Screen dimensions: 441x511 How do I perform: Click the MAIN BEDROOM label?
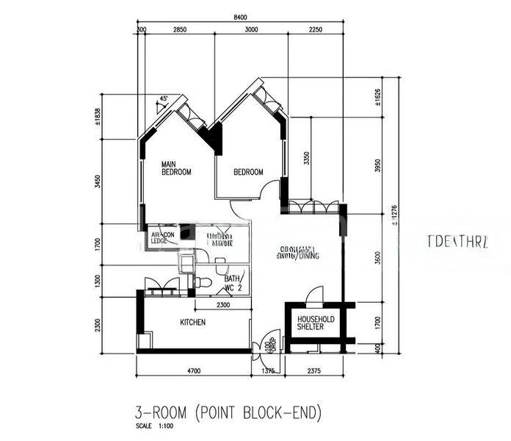(176, 168)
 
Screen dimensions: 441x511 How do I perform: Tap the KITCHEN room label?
(192, 322)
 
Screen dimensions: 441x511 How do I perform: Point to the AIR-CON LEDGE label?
(162, 237)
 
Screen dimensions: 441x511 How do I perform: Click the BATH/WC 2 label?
(234, 283)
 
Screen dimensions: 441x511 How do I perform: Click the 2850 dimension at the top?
(180, 29)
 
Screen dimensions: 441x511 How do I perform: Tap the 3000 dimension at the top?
(251, 29)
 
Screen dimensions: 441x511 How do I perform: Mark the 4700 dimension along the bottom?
(193, 372)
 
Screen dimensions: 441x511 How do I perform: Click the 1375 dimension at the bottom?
(269, 372)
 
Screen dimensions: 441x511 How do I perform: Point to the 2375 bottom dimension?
(316, 372)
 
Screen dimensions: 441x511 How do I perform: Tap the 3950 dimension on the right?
(379, 165)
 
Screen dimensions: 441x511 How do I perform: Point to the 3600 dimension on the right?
(379, 259)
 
